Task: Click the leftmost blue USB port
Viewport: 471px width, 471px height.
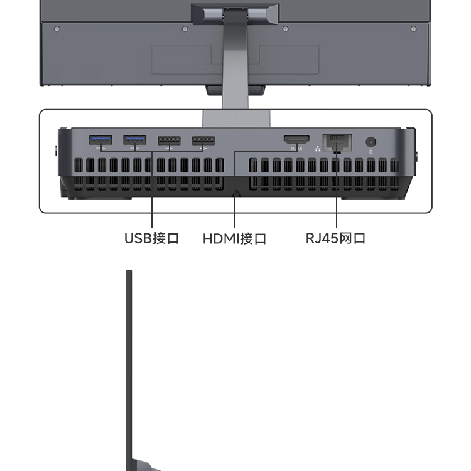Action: click(100, 140)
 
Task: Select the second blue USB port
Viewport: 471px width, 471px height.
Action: click(135, 140)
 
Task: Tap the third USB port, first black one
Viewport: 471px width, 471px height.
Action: click(170, 140)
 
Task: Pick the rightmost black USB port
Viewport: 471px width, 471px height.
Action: click(203, 140)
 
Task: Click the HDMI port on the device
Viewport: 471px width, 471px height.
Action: click(296, 140)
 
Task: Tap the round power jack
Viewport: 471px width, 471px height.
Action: click(371, 142)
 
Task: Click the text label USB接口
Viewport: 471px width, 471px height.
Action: click(152, 238)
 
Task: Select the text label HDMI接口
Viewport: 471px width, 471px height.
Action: click(235, 239)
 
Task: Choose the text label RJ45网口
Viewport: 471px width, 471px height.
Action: click(335, 238)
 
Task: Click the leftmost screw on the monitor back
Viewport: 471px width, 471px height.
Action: click(57, 29)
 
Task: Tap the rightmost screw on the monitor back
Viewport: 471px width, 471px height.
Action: click(414, 29)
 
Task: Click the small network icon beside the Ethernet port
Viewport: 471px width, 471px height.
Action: click(318, 149)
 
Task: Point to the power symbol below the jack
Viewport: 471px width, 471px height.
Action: click(371, 152)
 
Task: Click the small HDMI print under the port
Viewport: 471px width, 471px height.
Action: click(296, 149)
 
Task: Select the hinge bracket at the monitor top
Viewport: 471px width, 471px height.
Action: click(235, 13)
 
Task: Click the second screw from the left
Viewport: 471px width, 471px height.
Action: click(185, 29)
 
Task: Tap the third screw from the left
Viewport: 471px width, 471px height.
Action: click(286, 29)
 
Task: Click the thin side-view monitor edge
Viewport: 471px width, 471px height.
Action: click(129, 369)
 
